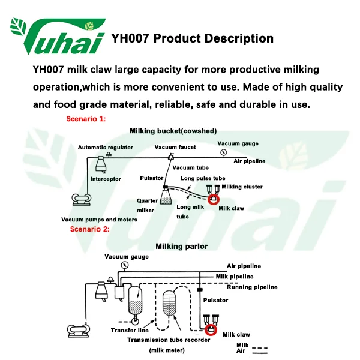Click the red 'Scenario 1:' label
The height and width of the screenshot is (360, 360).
[85, 119]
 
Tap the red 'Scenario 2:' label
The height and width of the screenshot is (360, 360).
[89, 229]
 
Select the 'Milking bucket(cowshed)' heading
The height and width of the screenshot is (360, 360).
[173, 131]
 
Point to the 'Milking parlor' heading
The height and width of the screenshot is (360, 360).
[181, 246]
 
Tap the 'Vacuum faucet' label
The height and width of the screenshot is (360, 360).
[175, 148]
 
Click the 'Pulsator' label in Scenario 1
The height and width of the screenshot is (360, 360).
[151, 178]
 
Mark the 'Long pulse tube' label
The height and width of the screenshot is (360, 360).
[203, 178]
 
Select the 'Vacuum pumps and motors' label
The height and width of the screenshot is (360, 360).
[99, 220]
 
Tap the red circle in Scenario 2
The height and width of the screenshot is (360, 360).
[211, 329]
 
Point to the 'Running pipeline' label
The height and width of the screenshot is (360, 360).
[252, 287]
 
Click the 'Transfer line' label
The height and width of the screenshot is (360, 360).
[130, 331]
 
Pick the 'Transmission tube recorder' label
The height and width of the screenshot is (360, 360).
[169, 340]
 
